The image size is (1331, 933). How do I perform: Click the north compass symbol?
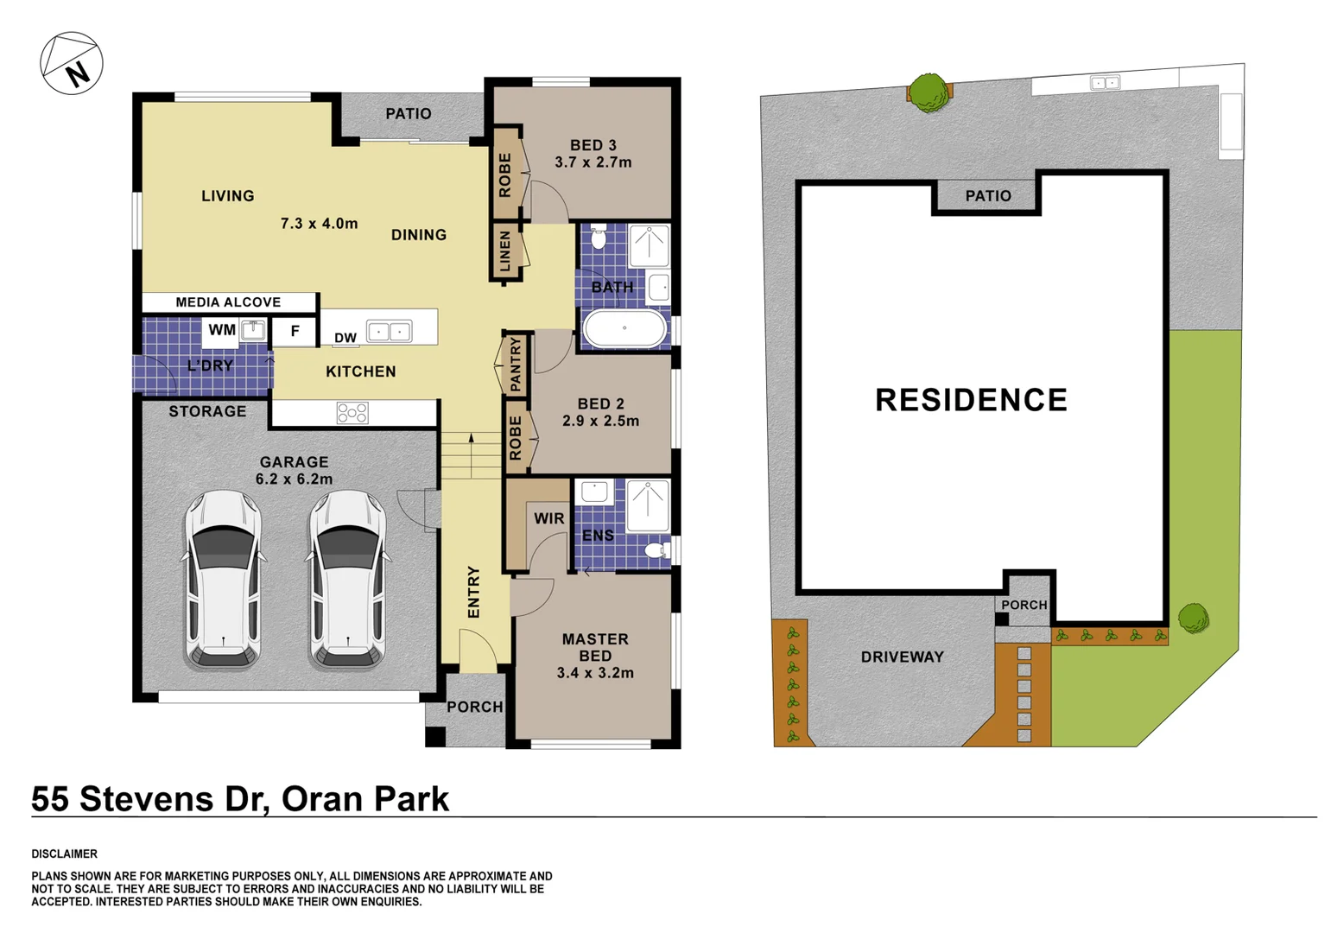point(72,63)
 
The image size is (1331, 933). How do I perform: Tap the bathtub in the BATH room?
point(624,328)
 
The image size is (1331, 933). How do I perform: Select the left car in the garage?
point(223,580)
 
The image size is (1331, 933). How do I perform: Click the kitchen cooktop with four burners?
point(352,413)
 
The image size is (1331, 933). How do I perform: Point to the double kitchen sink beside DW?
point(389,332)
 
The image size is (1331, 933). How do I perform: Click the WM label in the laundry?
point(222,330)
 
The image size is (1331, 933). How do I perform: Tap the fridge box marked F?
point(295,331)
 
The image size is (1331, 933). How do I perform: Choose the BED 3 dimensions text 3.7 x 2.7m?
point(593,162)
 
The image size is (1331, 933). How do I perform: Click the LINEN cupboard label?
point(506,251)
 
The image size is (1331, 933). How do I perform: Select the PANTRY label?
point(516,365)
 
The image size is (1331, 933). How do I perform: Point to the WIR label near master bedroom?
point(548,518)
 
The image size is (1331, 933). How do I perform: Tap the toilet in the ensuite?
point(657,549)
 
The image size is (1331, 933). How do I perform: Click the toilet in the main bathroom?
point(599,237)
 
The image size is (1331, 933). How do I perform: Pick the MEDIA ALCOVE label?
point(228,302)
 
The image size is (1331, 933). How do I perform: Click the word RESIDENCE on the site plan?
point(971,400)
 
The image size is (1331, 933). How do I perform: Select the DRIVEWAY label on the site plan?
point(902,657)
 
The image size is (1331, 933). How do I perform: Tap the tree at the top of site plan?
point(929,92)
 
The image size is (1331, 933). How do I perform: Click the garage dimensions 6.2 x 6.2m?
point(294,479)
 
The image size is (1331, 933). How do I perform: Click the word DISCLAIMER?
point(65,854)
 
